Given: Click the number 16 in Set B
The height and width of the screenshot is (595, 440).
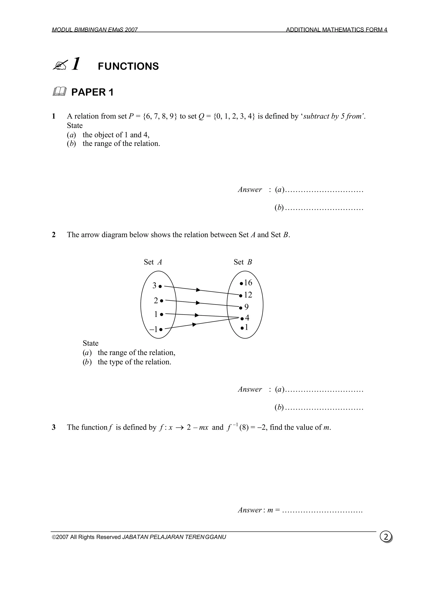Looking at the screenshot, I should (248, 283).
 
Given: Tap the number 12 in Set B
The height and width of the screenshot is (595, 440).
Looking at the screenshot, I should (248, 295).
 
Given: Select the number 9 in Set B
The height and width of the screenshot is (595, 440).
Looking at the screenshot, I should (246, 307).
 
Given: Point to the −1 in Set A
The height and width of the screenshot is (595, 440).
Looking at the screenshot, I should (154, 329).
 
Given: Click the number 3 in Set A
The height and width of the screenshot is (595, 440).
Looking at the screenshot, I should (154, 286).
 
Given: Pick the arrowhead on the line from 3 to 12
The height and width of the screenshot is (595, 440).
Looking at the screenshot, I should (198, 290).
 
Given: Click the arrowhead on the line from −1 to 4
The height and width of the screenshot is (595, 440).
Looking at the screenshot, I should (194, 324).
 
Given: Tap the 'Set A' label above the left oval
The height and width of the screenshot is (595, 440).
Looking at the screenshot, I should (153, 262).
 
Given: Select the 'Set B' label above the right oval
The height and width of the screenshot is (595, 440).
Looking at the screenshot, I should (243, 262).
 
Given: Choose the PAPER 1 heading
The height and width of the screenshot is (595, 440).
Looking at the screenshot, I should (92, 92).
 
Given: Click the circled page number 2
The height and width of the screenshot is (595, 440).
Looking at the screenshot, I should (386, 536).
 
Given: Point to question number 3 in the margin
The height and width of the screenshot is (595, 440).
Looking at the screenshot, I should (54, 427).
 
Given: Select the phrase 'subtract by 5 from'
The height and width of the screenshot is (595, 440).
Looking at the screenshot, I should (333, 116).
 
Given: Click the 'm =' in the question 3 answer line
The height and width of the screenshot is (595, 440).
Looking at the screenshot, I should (273, 510).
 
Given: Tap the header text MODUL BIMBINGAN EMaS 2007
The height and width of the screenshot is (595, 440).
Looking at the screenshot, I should (95, 30).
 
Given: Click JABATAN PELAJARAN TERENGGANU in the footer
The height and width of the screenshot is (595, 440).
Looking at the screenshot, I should (174, 537).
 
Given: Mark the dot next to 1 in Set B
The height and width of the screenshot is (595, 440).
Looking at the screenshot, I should (242, 328).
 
